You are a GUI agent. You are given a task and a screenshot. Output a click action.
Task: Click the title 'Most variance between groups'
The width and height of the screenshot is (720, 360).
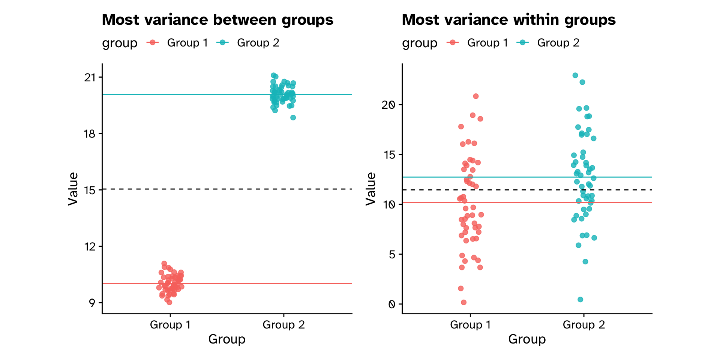[x=217, y=20]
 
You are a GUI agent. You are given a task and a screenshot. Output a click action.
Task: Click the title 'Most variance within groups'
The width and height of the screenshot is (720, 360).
[x=508, y=20]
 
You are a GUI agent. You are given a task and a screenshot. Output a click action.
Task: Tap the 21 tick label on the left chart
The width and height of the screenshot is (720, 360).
[x=90, y=78]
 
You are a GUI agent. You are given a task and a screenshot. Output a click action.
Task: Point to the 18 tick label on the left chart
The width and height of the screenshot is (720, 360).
[x=90, y=134]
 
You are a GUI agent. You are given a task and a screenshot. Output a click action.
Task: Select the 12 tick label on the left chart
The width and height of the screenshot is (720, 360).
[x=90, y=246]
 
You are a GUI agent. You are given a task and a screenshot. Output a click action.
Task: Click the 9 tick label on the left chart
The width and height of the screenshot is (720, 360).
[x=92, y=303]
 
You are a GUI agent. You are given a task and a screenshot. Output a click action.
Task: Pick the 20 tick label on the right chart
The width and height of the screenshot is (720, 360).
[x=388, y=105]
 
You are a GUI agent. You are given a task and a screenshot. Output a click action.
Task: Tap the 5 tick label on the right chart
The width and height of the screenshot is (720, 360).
[x=392, y=254]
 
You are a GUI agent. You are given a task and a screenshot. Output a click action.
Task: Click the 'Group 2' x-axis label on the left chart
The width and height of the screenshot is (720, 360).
[x=283, y=325]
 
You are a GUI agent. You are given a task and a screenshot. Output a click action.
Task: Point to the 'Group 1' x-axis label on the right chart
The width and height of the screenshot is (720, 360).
[x=470, y=325]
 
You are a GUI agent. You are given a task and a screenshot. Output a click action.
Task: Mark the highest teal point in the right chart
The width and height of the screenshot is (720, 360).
[x=575, y=75]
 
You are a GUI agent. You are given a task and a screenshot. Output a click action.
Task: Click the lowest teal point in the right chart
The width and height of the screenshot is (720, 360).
[x=580, y=299]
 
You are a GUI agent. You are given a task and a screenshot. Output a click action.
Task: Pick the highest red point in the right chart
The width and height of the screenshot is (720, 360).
[x=476, y=96]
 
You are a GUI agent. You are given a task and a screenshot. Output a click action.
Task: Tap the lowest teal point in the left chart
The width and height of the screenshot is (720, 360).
[x=293, y=118]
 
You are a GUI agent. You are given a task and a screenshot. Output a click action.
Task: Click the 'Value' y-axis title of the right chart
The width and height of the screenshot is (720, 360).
[x=370, y=189]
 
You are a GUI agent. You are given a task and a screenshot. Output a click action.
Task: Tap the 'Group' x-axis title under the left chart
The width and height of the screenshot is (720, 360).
[x=227, y=339]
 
